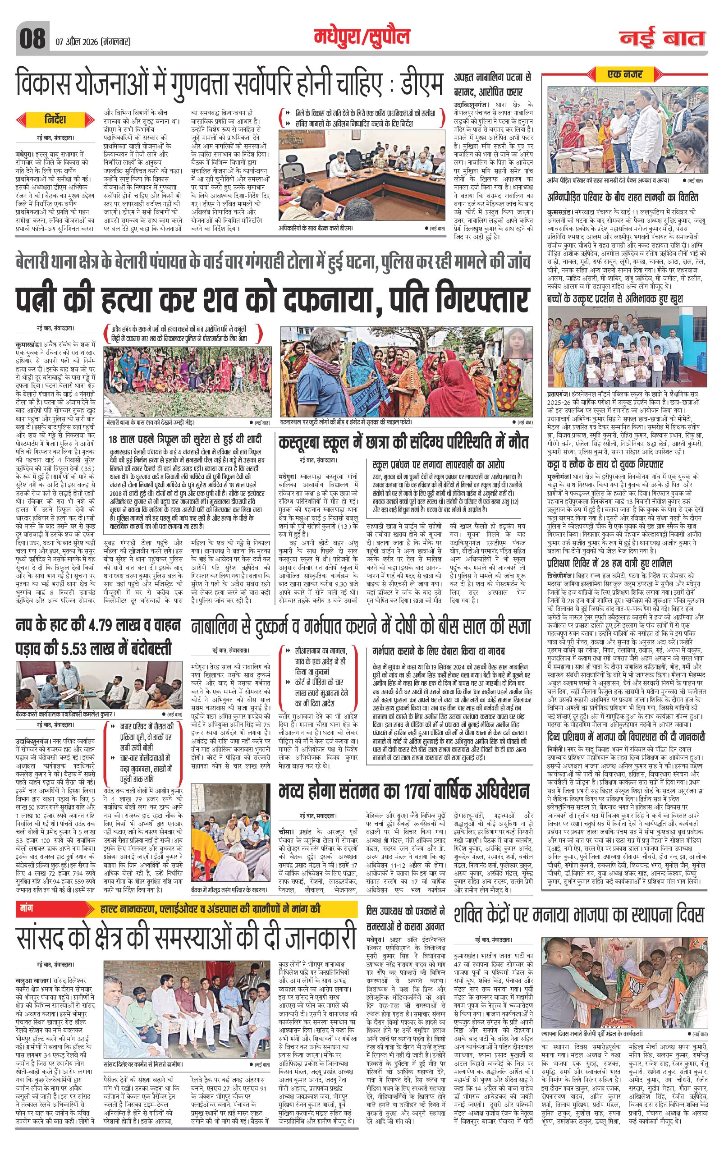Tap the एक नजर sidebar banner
click(x=626, y=74)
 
